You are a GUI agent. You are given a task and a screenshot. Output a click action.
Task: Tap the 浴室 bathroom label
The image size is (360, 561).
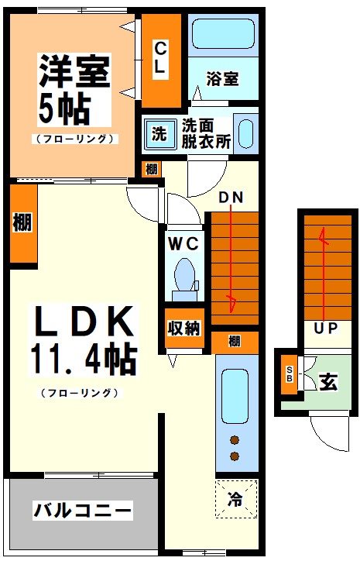click(x=221, y=78)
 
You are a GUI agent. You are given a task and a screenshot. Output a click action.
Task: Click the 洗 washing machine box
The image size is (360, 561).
click(x=159, y=133)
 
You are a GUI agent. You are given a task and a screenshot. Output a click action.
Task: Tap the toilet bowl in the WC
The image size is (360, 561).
click(x=185, y=274)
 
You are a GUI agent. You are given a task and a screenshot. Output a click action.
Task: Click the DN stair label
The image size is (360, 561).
click(x=231, y=197)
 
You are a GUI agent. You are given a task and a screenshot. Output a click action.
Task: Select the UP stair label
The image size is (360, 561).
click(x=326, y=329)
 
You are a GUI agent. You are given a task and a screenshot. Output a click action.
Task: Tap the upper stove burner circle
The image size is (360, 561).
click(x=235, y=442)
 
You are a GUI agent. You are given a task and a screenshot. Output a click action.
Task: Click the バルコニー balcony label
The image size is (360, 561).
click(x=82, y=511)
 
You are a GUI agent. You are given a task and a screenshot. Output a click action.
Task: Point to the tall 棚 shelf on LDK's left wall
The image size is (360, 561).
click(x=22, y=223)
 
